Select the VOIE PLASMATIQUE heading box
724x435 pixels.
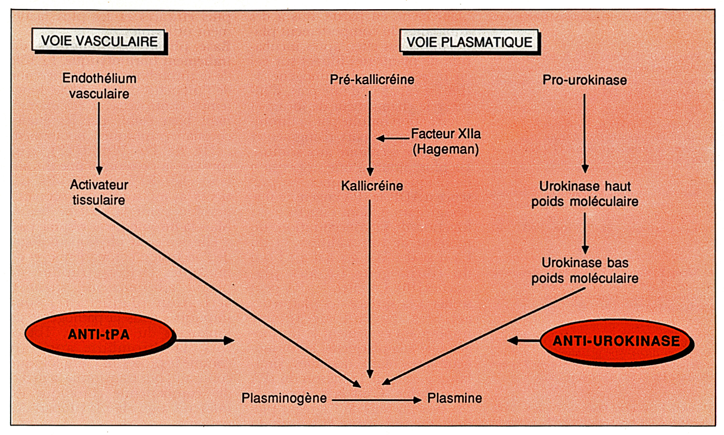click(469, 42)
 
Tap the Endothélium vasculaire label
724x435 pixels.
click(99, 86)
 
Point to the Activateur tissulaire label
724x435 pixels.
click(99, 192)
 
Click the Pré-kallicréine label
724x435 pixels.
click(372, 80)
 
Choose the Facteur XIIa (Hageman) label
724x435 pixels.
click(446, 142)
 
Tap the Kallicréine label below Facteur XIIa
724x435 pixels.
click(372, 186)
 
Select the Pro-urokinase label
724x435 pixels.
click(584, 80)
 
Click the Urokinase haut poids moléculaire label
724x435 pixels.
click(584, 194)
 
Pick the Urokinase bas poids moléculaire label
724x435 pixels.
click(584, 271)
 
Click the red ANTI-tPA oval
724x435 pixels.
click(99, 334)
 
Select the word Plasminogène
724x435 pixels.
click(284, 398)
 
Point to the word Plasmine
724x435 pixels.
click(454, 398)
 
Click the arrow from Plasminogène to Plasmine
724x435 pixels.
click(376, 400)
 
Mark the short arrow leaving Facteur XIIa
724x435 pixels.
click(393, 138)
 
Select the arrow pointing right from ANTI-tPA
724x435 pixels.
click(205, 340)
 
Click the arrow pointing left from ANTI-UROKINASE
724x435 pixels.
click(524, 340)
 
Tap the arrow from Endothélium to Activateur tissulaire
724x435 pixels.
click(99, 139)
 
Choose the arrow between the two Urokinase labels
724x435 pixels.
click(585, 233)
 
